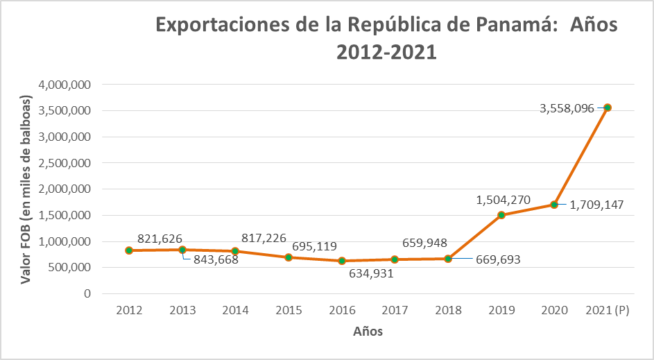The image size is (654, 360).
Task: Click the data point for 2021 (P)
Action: point(607,108)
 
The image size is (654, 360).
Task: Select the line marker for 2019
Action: point(501,215)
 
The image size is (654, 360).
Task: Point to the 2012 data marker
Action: point(129,250)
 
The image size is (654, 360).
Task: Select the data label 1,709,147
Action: point(596,205)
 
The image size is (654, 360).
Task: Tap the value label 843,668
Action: point(215,260)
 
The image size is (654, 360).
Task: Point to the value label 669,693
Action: point(497,260)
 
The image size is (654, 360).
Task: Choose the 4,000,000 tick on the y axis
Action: point(68,85)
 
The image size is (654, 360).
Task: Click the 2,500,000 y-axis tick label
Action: point(68,163)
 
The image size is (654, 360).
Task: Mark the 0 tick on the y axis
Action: point(87,293)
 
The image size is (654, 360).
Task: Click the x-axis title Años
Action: point(368,332)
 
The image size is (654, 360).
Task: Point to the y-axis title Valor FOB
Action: point(26,189)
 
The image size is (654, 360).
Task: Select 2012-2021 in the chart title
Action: point(386,52)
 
